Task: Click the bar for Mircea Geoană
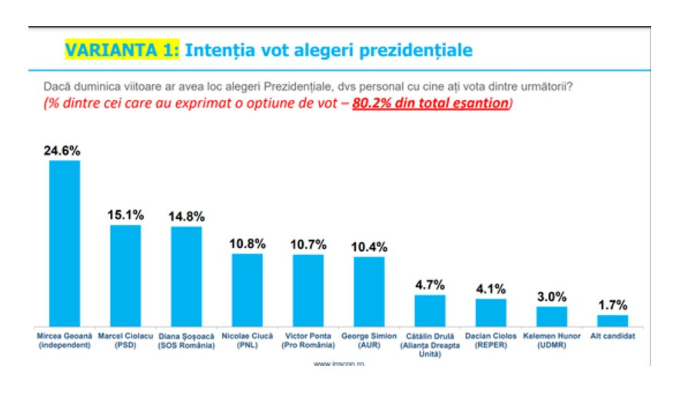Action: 65,243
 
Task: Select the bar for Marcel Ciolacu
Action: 125,275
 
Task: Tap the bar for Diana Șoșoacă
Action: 186,276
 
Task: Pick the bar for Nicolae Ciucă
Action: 247,290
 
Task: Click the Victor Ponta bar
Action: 308,290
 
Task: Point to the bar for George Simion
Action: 368,291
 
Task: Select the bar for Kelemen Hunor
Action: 551,316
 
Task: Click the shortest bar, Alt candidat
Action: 612,320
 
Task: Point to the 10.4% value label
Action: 368,247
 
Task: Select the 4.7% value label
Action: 429,285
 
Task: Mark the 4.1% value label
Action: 490,289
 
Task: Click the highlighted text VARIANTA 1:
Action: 122,51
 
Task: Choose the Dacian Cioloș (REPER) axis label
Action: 490,340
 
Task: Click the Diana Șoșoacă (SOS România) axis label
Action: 186,340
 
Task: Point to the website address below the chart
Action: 338,362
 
